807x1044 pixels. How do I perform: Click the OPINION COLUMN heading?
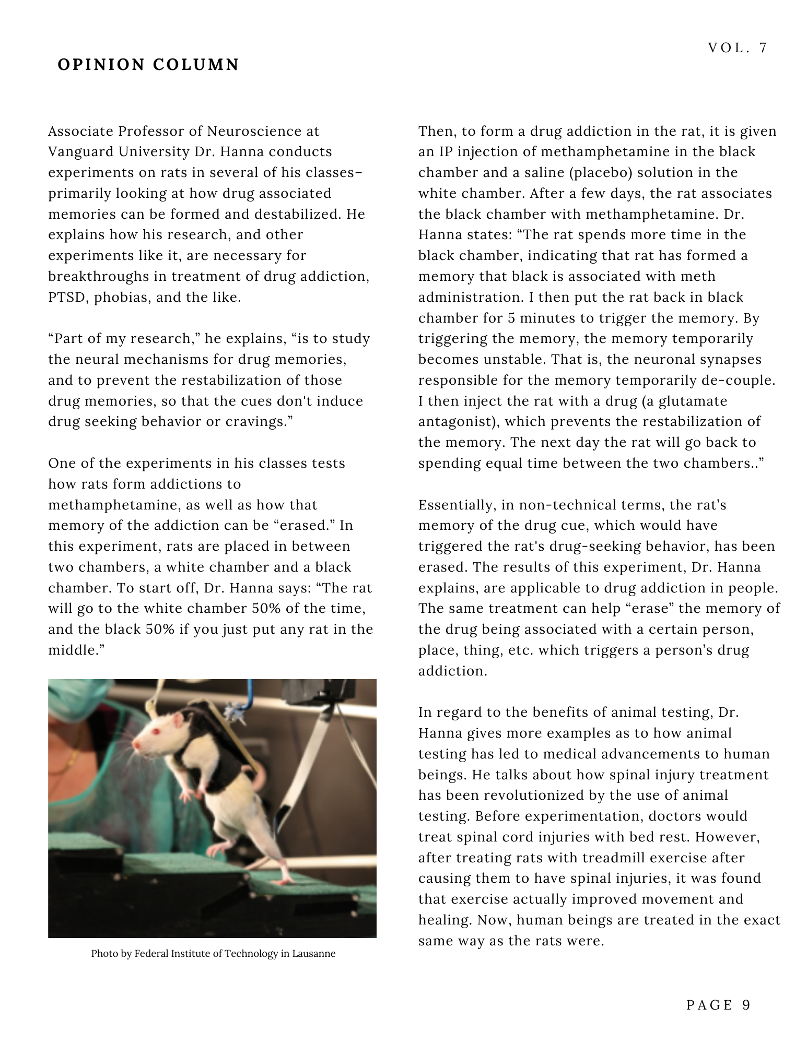(x=148, y=65)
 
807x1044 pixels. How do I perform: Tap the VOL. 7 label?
(x=738, y=48)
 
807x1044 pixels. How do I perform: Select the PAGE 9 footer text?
(x=719, y=1005)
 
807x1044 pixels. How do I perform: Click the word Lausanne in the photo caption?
(x=313, y=954)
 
